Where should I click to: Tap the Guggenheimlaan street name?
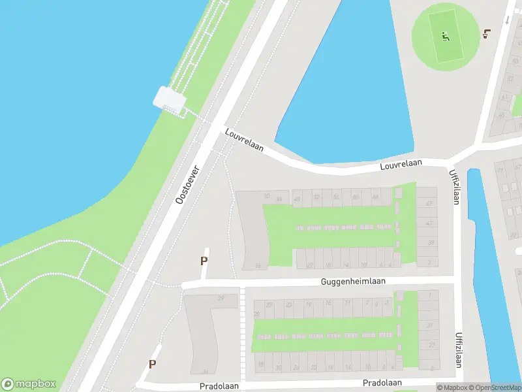tap(353, 281)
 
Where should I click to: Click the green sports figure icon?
tap(446, 36)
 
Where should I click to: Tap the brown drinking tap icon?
tap(486, 33)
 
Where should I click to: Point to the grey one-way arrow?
tap(507, 19)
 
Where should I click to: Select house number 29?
tap(221, 299)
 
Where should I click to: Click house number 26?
tap(258, 265)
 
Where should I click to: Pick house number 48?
tap(375, 197)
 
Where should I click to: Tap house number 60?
tap(355, 197)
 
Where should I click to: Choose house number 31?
tap(430, 325)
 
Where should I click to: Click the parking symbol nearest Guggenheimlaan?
tap(204, 261)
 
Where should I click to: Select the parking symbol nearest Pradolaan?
tap(153, 365)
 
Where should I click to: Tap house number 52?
tap(316, 197)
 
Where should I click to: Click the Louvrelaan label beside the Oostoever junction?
tap(244, 140)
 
